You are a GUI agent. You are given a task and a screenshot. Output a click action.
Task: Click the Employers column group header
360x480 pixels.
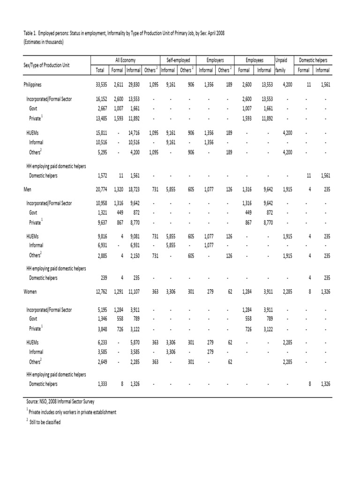point(216,60)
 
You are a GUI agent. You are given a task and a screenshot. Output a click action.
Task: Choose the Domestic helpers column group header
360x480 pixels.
point(314,60)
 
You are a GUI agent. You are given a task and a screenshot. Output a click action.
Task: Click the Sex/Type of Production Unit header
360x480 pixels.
point(47,65)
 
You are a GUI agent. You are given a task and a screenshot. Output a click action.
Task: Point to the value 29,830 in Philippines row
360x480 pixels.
point(133,85)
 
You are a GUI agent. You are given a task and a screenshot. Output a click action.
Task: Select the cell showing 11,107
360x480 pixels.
point(133,291)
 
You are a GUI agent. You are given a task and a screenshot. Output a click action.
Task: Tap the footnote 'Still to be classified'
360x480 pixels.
point(44,422)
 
